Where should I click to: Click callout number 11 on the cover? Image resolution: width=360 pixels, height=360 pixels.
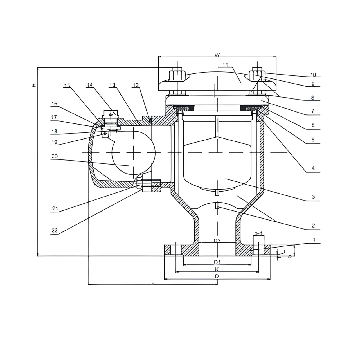point(225,65)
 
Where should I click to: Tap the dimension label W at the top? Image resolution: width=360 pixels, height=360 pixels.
point(217,55)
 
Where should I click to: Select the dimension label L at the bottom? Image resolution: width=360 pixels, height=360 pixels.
point(153,282)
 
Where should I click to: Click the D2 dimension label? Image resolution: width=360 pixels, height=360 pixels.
point(217,240)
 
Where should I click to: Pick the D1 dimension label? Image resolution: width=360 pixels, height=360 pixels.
point(217,262)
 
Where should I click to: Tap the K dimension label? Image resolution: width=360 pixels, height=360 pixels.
point(217,269)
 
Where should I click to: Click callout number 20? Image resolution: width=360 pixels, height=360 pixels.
point(55,156)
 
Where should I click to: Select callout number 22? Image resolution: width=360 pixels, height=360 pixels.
point(55,231)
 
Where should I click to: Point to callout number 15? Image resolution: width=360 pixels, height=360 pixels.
point(67,85)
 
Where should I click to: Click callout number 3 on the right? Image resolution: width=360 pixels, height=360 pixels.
point(313,197)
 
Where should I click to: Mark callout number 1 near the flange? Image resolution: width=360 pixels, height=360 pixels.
point(314,240)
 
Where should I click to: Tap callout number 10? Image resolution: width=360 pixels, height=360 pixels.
point(313,75)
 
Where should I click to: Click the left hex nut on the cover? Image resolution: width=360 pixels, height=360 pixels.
point(176,75)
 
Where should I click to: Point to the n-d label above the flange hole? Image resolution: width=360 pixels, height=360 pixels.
point(258,234)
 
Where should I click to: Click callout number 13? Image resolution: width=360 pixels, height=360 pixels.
point(112,85)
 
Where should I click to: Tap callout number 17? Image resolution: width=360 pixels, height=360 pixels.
point(54,117)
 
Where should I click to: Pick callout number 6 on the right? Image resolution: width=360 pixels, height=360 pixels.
point(313,125)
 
